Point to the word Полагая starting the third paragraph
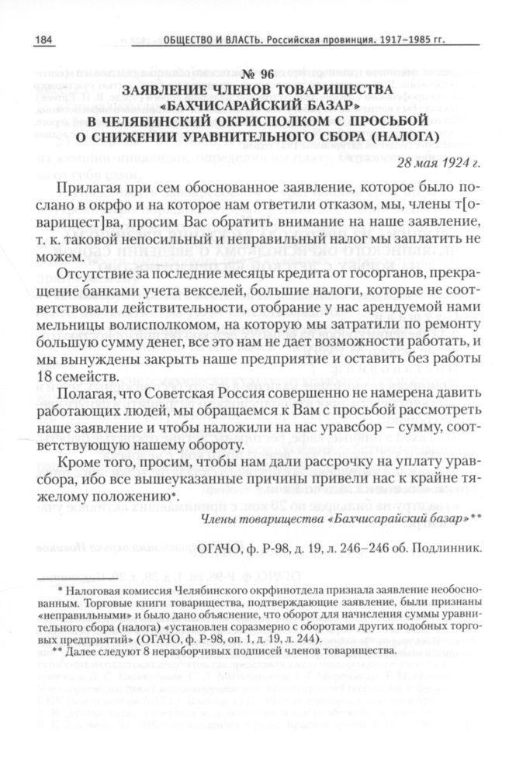87,396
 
